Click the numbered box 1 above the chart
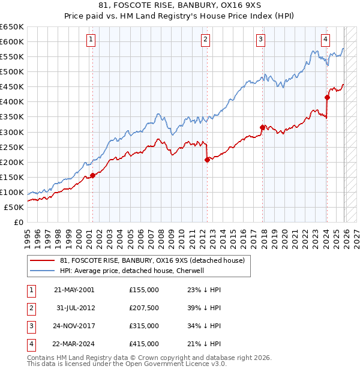coord(91,40)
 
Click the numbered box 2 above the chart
coord(205,40)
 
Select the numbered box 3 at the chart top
coord(262,40)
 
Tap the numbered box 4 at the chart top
coord(325,40)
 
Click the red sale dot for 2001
coord(93,175)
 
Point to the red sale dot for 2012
coord(207,160)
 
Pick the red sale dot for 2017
coord(262,127)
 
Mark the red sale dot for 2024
coord(327,97)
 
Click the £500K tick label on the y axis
coord(12,71)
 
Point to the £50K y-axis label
coord(14,207)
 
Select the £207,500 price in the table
coord(144,308)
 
